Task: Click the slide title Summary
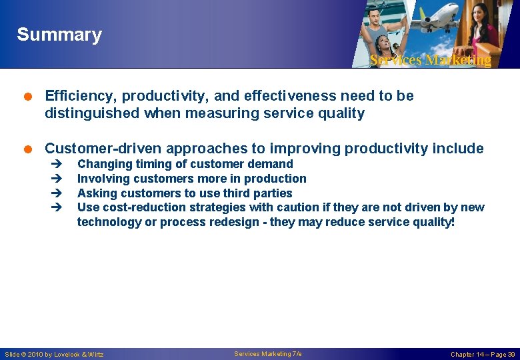coord(59,35)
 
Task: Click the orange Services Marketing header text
coord(430,60)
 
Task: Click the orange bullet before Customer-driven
coord(31,149)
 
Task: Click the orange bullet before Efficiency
coord(31,96)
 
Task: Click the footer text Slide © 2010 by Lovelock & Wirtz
coord(54,354)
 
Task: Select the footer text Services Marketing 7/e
coord(268,353)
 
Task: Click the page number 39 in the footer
coord(510,354)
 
